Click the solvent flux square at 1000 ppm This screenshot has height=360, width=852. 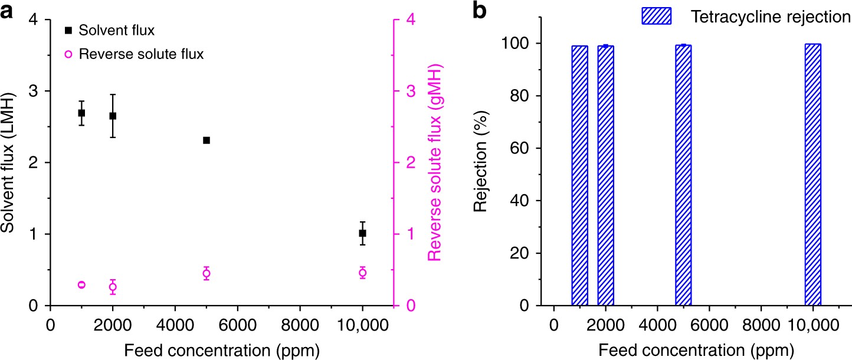pyautogui.click(x=81, y=113)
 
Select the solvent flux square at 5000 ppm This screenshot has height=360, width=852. pyautogui.click(x=207, y=140)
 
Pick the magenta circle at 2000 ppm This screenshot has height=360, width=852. pyautogui.click(x=113, y=287)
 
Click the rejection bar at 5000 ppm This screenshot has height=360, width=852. pyautogui.click(x=683, y=175)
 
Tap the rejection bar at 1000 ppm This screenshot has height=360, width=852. pyautogui.click(x=579, y=176)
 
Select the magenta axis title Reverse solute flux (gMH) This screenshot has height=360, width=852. pyautogui.click(x=435, y=162)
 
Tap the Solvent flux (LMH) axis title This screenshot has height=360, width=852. pyautogui.click(x=8, y=162)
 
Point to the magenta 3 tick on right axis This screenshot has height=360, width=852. pyautogui.click(x=408, y=91)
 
